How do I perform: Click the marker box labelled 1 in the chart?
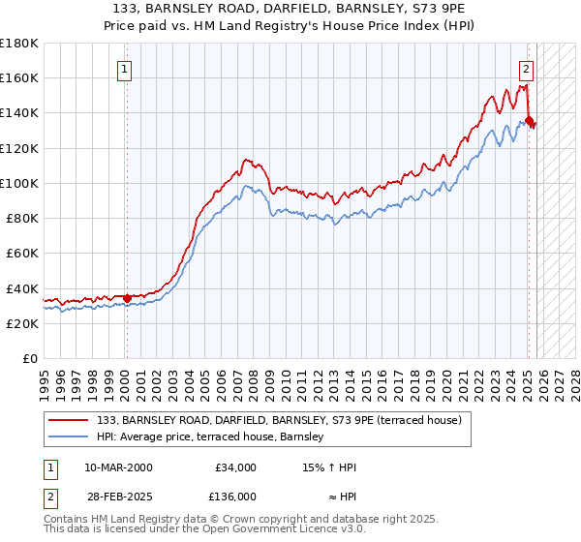click(x=126, y=69)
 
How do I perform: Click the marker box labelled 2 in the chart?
click(x=526, y=69)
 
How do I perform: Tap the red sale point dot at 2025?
click(x=529, y=120)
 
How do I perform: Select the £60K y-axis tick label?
click(x=22, y=253)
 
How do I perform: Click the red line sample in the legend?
click(x=69, y=420)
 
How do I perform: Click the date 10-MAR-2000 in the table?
click(x=118, y=467)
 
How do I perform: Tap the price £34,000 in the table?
click(x=235, y=467)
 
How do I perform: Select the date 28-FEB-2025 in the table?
click(x=118, y=496)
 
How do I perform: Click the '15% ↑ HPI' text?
click(x=329, y=467)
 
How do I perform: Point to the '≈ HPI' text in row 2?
click(x=338, y=496)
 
